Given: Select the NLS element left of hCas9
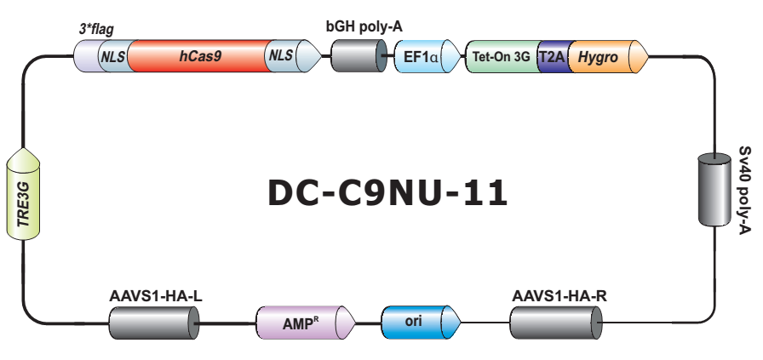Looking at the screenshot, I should pos(112,56).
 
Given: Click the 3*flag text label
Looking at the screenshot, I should pos(96,29).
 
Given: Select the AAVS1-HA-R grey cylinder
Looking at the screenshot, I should pos(555,323).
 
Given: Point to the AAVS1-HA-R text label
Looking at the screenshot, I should pos(559,297).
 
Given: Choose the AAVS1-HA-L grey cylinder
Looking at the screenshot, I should pos(153,323).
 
